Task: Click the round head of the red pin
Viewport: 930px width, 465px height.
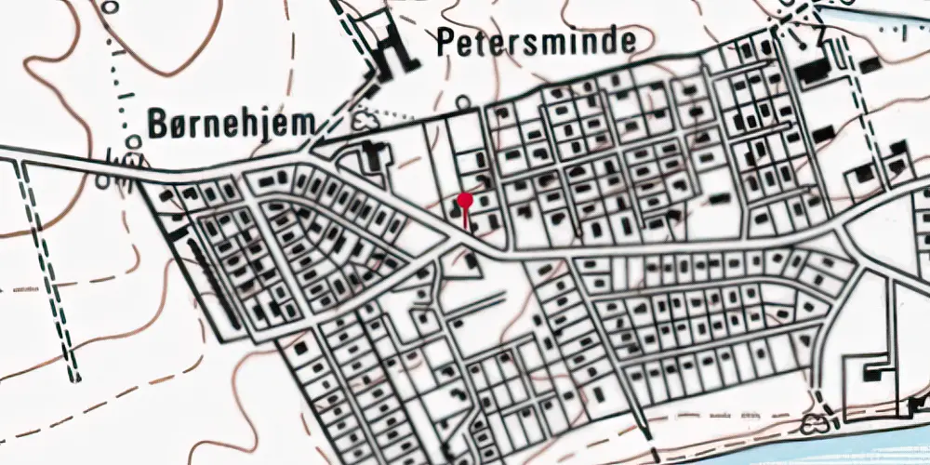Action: [465, 199]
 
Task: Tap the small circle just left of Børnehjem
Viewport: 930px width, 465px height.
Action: [135, 141]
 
